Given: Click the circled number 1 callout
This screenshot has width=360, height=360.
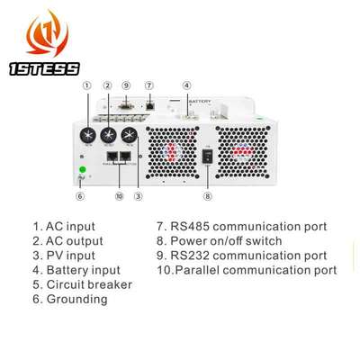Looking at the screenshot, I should click(x=86, y=86).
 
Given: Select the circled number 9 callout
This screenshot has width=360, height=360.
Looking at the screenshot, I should click(x=126, y=86).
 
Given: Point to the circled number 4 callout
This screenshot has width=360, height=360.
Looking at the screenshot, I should click(x=186, y=86).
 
